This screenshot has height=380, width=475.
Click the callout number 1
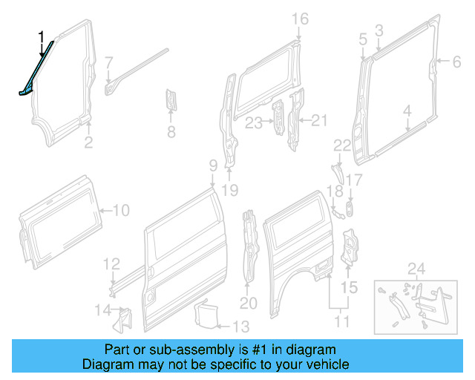pos(42,35)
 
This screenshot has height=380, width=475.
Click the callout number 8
pos(171,133)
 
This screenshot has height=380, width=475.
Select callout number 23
pos(255,123)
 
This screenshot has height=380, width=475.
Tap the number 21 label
pos(318,119)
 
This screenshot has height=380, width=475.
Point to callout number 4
pos(407,111)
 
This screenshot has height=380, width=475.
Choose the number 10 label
pos(120,211)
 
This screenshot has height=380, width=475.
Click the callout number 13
pos(240,326)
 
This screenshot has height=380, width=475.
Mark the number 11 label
pos(341,321)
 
